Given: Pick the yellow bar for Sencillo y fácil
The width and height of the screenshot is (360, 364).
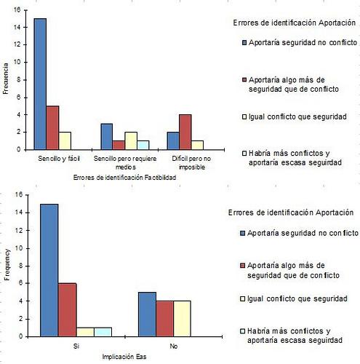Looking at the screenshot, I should coord(64,141).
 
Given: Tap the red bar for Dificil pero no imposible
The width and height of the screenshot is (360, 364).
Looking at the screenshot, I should coord(185,132).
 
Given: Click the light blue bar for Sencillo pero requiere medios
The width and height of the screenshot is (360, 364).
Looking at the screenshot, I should coord(143,145).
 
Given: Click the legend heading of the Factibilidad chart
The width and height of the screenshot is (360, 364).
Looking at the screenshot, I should coord(294,25).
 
